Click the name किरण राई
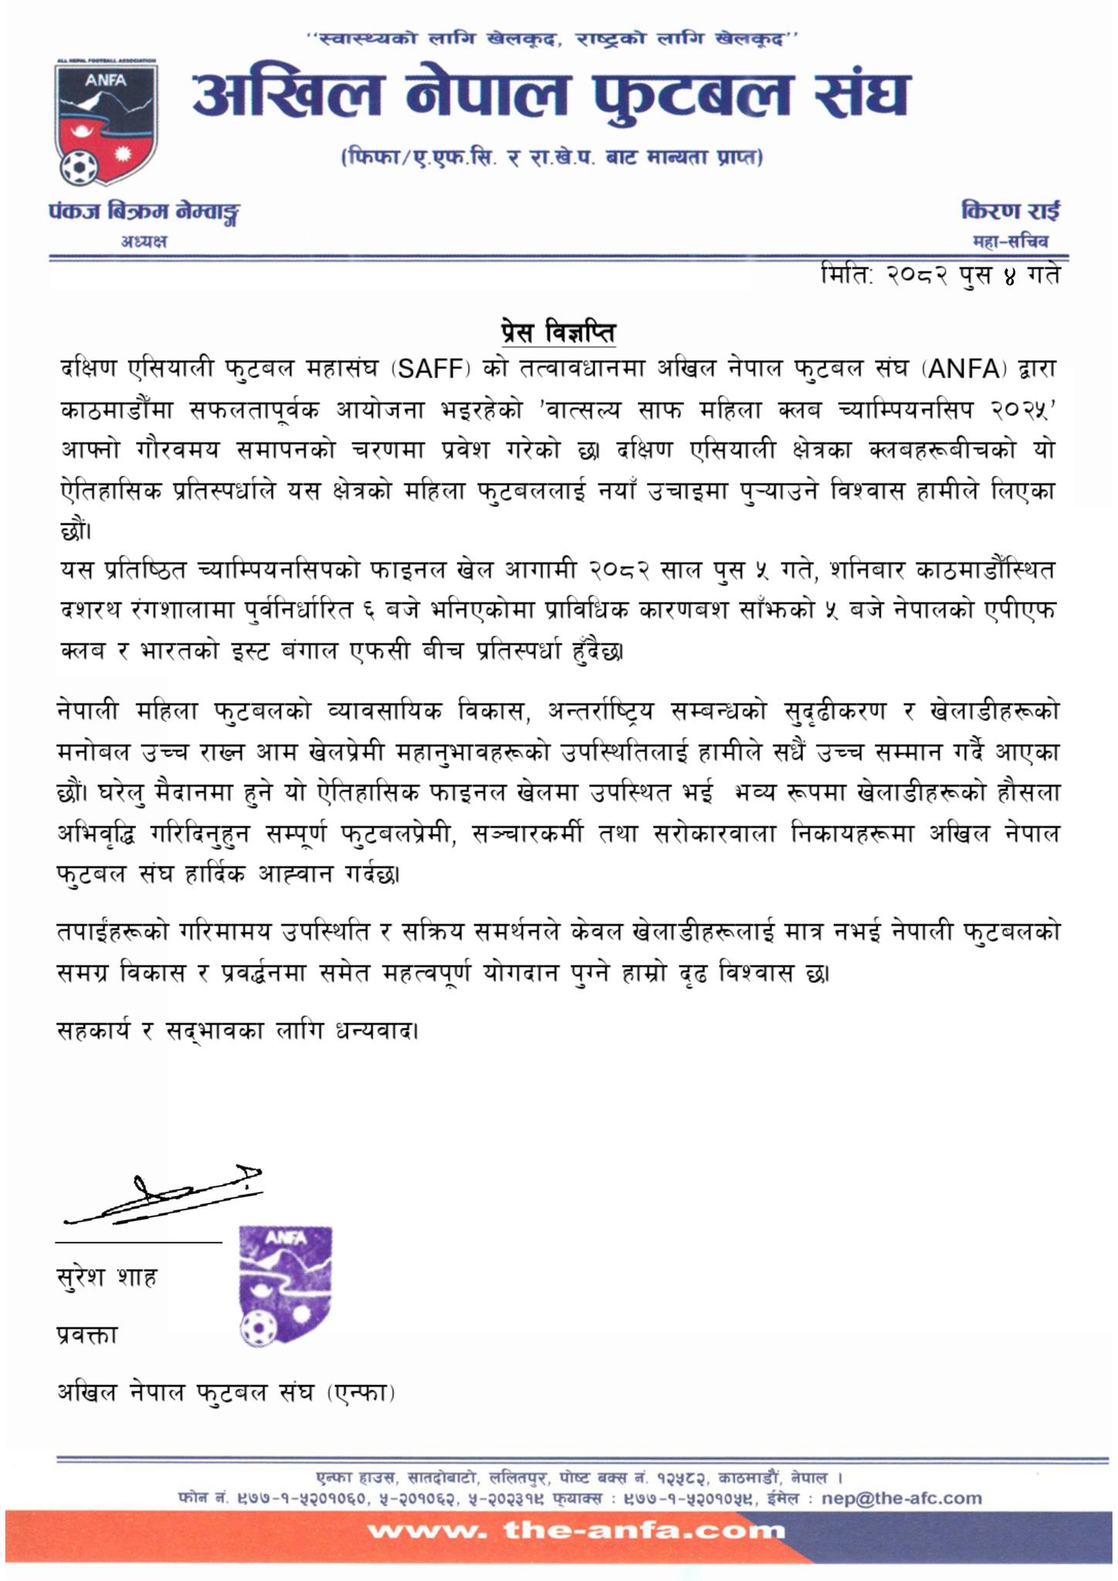[x=1010, y=210]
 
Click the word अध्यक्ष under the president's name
[x=144, y=242]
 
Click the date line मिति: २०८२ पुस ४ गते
[x=940, y=276]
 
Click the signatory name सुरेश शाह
[x=107, y=1278]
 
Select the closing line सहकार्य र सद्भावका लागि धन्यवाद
[x=239, y=1031]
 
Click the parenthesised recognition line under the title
[x=551, y=158]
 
